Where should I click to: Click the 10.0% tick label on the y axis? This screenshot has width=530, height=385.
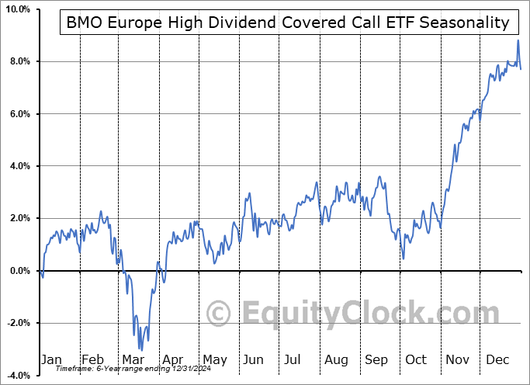(16, 9)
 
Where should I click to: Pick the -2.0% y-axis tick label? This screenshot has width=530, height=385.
(17, 323)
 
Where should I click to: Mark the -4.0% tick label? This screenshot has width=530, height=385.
(17, 376)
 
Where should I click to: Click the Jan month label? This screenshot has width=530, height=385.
(50, 359)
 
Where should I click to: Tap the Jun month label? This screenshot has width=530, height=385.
(253, 359)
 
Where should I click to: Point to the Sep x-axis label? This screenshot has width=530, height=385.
(376, 359)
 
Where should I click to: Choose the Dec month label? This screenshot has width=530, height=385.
(498, 359)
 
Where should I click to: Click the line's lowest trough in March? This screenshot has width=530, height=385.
(140, 350)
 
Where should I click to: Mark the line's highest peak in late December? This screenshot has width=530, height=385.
(518, 40)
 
